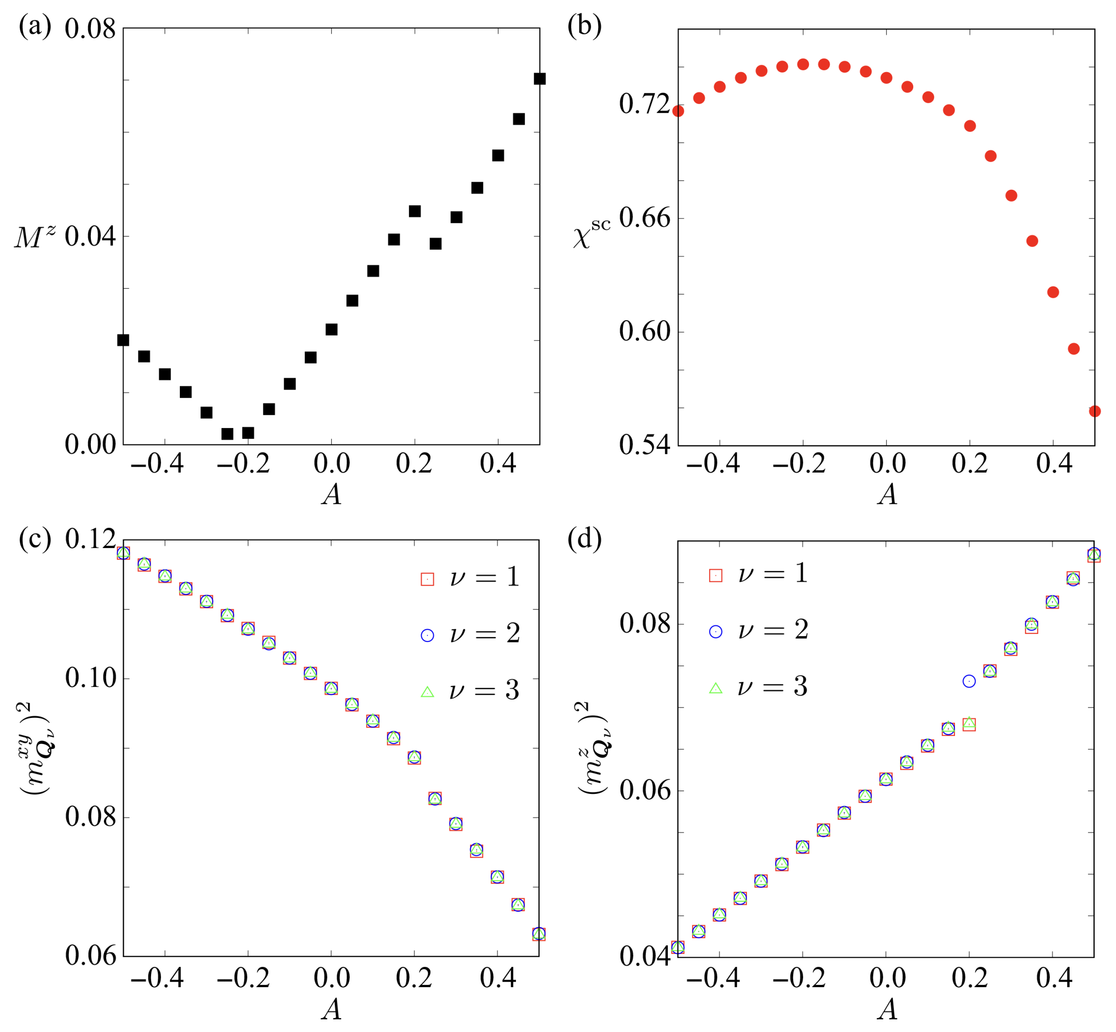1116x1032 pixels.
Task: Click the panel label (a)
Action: [35, 26]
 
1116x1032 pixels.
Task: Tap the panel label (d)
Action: [584, 540]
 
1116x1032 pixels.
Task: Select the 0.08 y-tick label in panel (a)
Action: [90, 28]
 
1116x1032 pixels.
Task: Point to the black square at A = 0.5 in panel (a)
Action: [539, 79]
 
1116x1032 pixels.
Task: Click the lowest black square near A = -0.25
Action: [227, 434]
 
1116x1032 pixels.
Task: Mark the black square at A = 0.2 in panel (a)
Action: [414, 211]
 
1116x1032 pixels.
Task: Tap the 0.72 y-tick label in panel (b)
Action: [644, 104]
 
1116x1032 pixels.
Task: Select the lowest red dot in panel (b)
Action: [1094, 411]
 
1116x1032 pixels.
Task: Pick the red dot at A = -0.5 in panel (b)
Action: [678, 111]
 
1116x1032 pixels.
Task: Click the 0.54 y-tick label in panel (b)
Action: [644, 444]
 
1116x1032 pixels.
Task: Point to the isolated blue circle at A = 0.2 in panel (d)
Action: [969, 681]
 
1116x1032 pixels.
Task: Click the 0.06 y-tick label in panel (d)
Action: [644, 791]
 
